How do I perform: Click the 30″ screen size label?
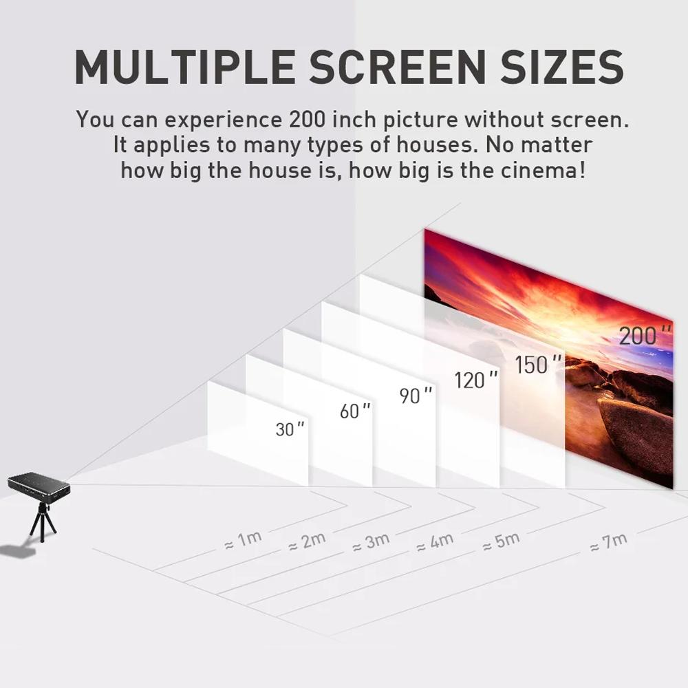[x=290, y=429]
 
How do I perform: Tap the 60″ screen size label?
[x=355, y=411]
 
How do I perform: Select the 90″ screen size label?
[x=416, y=395]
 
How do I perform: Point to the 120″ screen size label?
[x=476, y=380]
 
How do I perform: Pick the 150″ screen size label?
[x=538, y=364]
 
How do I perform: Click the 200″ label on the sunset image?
[x=645, y=335]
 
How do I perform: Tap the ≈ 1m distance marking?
[x=243, y=539]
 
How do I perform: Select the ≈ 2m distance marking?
[x=307, y=541]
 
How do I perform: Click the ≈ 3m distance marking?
[x=371, y=541]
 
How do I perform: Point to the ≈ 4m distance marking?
[x=435, y=542]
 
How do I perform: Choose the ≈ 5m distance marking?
[x=501, y=541]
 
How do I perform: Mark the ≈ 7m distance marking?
[x=609, y=542]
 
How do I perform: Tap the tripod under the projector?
[x=43, y=523]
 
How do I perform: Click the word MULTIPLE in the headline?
[x=185, y=67]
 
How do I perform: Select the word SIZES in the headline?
[x=562, y=67]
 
